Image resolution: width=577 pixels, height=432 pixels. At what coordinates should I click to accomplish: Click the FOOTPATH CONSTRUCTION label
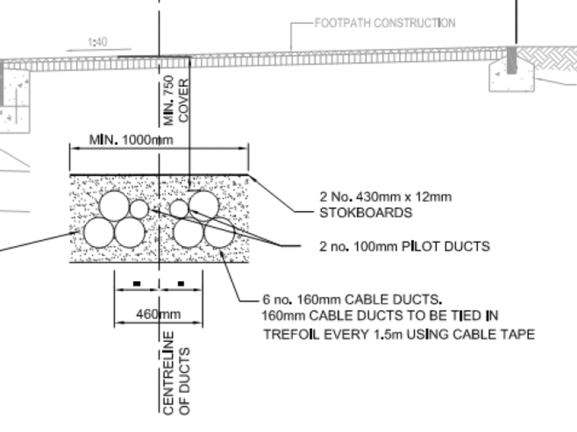[x=385, y=23]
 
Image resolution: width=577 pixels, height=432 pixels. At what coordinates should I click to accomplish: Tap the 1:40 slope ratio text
[x=97, y=42]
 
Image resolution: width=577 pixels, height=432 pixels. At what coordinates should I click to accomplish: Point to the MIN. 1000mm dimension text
[x=131, y=140]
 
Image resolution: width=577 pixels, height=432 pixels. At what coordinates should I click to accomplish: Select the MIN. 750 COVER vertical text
[x=176, y=100]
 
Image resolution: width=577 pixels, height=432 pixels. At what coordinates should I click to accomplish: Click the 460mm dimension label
[x=158, y=314]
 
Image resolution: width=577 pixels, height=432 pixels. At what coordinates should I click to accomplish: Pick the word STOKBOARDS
[x=366, y=213]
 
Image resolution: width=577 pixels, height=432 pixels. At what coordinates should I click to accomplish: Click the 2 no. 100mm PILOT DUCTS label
[x=405, y=246]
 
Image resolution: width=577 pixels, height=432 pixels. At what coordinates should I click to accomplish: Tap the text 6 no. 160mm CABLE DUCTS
[x=352, y=300]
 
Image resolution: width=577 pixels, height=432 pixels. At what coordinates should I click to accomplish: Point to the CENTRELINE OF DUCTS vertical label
[x=176, y=373]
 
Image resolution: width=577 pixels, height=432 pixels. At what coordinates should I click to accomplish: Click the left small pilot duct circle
[x=139, y=208]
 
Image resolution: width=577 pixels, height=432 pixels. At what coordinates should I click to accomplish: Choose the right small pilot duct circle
[x=179, y=208]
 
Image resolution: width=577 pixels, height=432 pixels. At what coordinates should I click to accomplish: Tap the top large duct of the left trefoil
[x=114, y=206]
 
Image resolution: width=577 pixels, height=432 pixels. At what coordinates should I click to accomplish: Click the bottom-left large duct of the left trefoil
[x=99, y=232]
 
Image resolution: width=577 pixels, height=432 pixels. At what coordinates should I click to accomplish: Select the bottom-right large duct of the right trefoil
[x=219, y=232]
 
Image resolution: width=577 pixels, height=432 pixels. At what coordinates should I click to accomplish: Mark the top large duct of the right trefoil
[x=204, y=206]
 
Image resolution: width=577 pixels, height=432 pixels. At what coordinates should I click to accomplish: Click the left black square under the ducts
[x=136, y=283]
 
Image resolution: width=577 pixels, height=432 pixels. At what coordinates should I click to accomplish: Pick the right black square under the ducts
[x=181, y=283]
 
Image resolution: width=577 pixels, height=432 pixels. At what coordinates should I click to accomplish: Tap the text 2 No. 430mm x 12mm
[x=385, y=197]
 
